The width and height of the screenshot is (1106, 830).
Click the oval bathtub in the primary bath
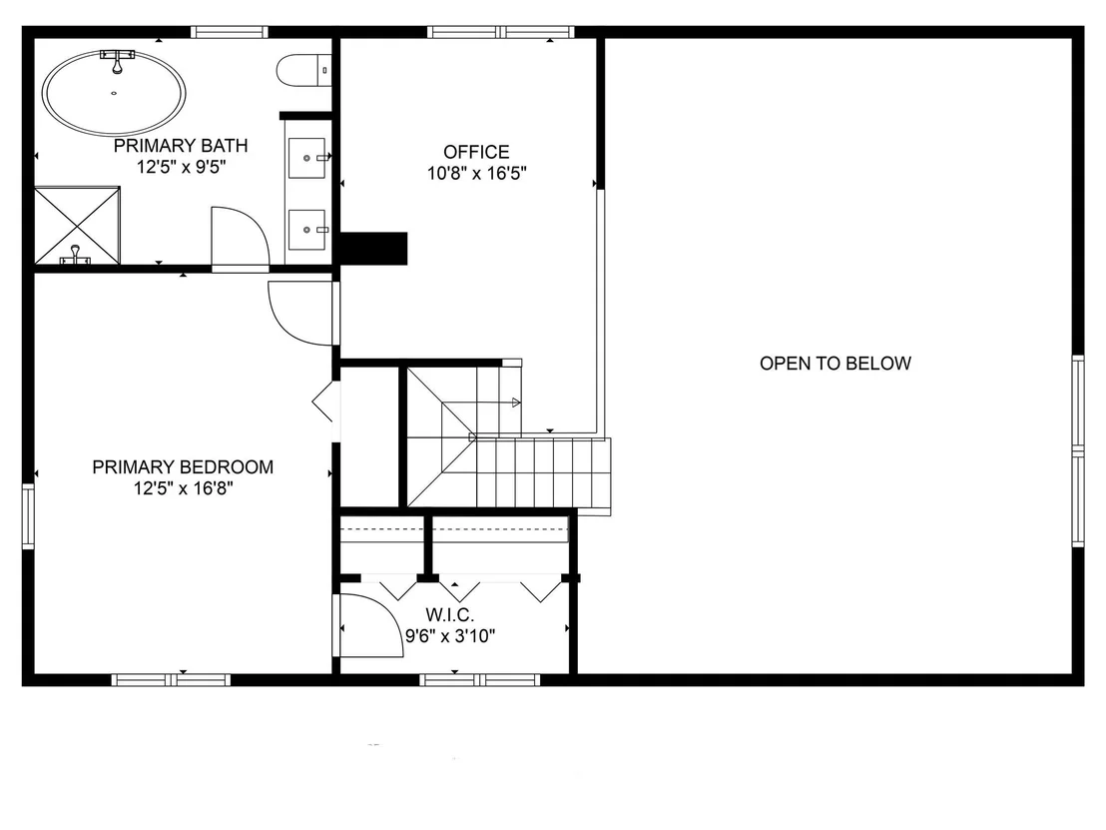pyautogui.click(x=114, y=93)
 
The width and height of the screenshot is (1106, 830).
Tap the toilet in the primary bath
pyautogui.click(x=303, y=71)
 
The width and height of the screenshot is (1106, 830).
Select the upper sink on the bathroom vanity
pyautogui.click(x=307, y=158)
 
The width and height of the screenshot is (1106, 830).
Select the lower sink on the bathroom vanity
pyautogui.click(x=307, y=230)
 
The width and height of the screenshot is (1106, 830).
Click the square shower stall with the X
pyautogui.click(x=77, y=225)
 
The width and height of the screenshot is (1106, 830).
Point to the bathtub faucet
pyautogui.click(x=117, y=60)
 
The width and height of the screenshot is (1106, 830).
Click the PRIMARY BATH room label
pyautogui.click(x=181, y=146)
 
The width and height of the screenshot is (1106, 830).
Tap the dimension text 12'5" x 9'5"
pyautogui.click(x=182, y=167)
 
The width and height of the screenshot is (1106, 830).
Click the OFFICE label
pyautogui.click(x=476, y=152)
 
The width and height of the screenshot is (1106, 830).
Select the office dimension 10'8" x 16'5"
pyautogui.click(x=477, y=173)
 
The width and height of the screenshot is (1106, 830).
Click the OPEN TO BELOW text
pyautogui.click(x=835, y=364)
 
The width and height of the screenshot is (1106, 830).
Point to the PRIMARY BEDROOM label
pyautogui.click(x=183, y=466)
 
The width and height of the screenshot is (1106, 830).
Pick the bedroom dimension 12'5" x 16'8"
pyautogui.click(x=184, y=487)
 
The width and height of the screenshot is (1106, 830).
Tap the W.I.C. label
pyautogui.click(x=450, y=614)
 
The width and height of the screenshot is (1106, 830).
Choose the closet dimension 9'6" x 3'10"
pyautogui.click(x=450, y=636)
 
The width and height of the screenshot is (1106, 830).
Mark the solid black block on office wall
pyautogui.click(x=374, y=249)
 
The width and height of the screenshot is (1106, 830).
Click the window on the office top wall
pyautogui.click(x=501, y=32)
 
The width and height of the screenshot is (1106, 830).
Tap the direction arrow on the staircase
pyautogui.click(x=516, y=403)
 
